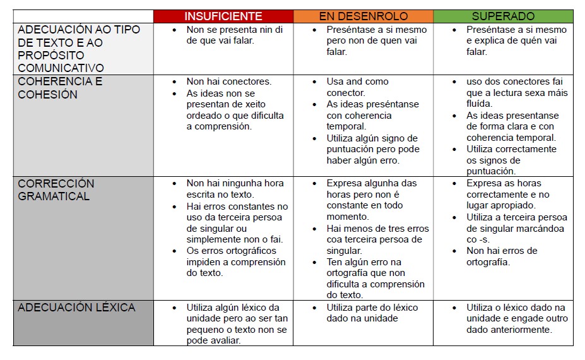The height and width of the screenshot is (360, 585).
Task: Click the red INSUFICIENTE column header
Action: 223,16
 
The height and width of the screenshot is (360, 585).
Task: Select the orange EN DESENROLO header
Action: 363,16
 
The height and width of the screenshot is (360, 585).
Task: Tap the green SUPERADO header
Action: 503,16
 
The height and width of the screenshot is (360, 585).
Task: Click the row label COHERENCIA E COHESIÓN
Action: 60,88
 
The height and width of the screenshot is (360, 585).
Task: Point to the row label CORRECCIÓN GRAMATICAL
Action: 56,189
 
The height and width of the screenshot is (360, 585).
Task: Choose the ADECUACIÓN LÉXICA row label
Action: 76,308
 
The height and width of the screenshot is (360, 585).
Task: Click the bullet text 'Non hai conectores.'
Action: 228,81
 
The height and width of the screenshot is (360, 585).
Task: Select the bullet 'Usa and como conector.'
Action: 357,87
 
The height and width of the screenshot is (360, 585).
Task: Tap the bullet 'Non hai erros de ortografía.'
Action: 502,256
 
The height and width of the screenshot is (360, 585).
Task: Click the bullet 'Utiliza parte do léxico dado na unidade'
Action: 372,313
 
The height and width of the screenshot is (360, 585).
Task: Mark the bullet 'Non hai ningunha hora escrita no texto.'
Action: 235,189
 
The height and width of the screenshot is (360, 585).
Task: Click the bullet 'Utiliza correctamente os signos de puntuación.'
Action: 511,160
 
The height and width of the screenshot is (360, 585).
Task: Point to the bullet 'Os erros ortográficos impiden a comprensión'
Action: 235,262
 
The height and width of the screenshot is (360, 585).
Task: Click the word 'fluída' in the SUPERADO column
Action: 480,104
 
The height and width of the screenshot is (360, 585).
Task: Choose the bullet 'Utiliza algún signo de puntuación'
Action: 372,149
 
